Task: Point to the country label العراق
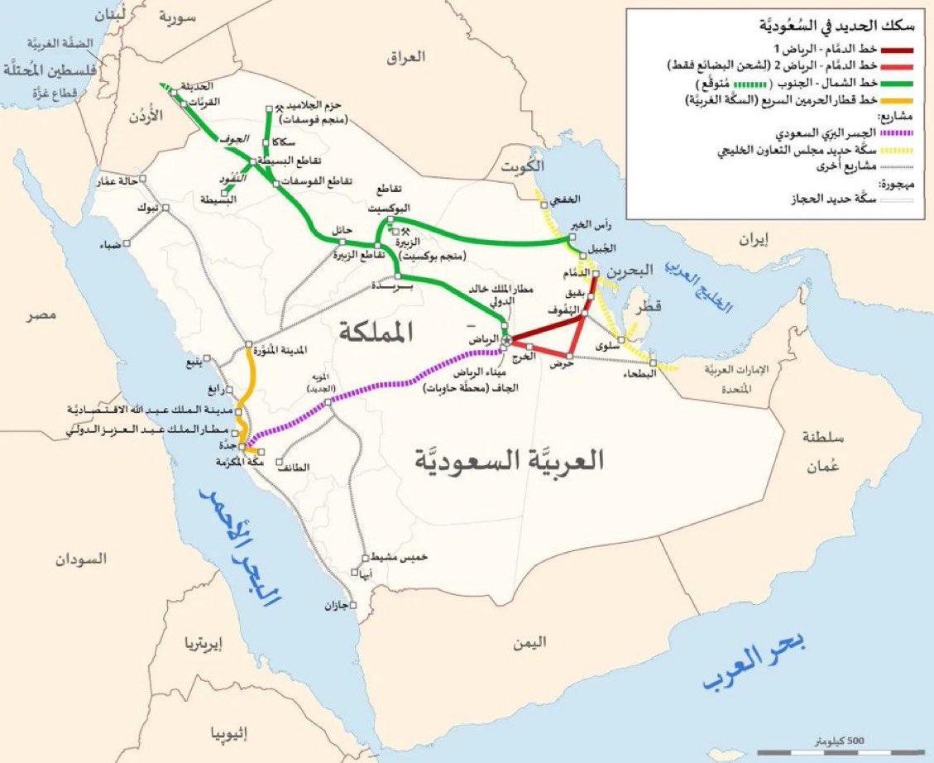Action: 406,57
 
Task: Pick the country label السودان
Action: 81,559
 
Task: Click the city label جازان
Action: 335,607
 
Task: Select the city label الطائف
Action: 295,467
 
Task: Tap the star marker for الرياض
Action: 506,340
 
